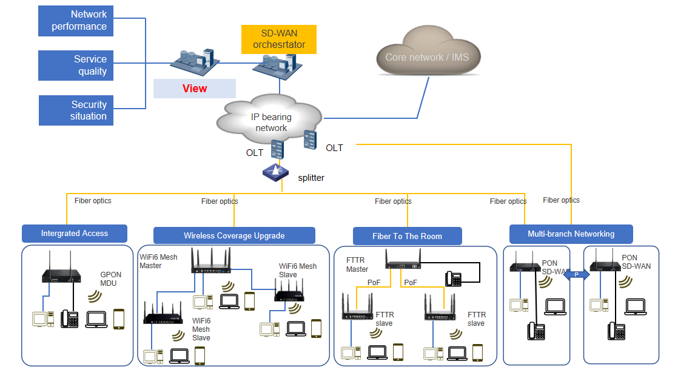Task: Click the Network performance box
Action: (75, 21)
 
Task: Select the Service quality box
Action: (75, 66)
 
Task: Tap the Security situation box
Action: (76, 110)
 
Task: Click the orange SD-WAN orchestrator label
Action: (279, 39)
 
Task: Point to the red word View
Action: (195, 89)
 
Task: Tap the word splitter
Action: (311, 178)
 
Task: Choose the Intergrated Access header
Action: (75, 234)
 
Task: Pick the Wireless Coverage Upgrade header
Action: (234, 235)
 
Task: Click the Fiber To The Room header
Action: (407, 236)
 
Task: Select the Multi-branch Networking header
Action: (571, 234)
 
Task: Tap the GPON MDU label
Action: (111, 279)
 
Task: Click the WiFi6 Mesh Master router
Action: (210, 261)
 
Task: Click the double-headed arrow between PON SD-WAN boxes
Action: (577, 275)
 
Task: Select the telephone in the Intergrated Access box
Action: (69, 319)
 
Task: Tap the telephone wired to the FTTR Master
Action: (453, 279)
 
